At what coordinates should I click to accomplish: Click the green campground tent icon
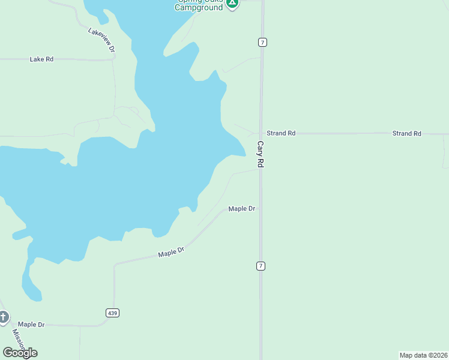pyautogui.click(x=232, y=3)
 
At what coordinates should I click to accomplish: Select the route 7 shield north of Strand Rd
pyautogui.click(x=262, y=42)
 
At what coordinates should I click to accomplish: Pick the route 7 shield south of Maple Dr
pyautogui.click(x=261, y=266)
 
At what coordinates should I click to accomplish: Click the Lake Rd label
pyautogui.click(x=41, y=59)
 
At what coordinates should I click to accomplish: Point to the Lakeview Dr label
pyautogui.click(x=101, y=41)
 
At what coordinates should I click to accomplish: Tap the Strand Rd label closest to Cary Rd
pyautogui.click(x=281, y=133)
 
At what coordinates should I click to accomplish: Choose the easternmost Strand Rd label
pyautogui.click(x=406, y=133)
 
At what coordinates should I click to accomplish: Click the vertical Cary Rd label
pyautogui.click(x=261, y=154)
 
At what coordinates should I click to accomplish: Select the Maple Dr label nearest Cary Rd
pyautogui.click(x=242, y=209)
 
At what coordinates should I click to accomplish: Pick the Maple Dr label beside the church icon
pyautogui.click(x=31, y=325)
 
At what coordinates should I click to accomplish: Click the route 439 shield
pyautogui.click(x=112, y=313)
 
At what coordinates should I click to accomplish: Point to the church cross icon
pyautogui.click(x=3, y=316)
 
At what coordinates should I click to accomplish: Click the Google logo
pyautogui.click(x=20, y=353)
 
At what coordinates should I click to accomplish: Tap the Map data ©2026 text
pyautogui.click(x=423, y=355)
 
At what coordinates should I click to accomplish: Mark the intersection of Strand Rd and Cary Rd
pyautogui.click(x=261, y=133)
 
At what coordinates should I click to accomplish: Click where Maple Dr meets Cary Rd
pyautogui.click(x=261, y=209)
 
